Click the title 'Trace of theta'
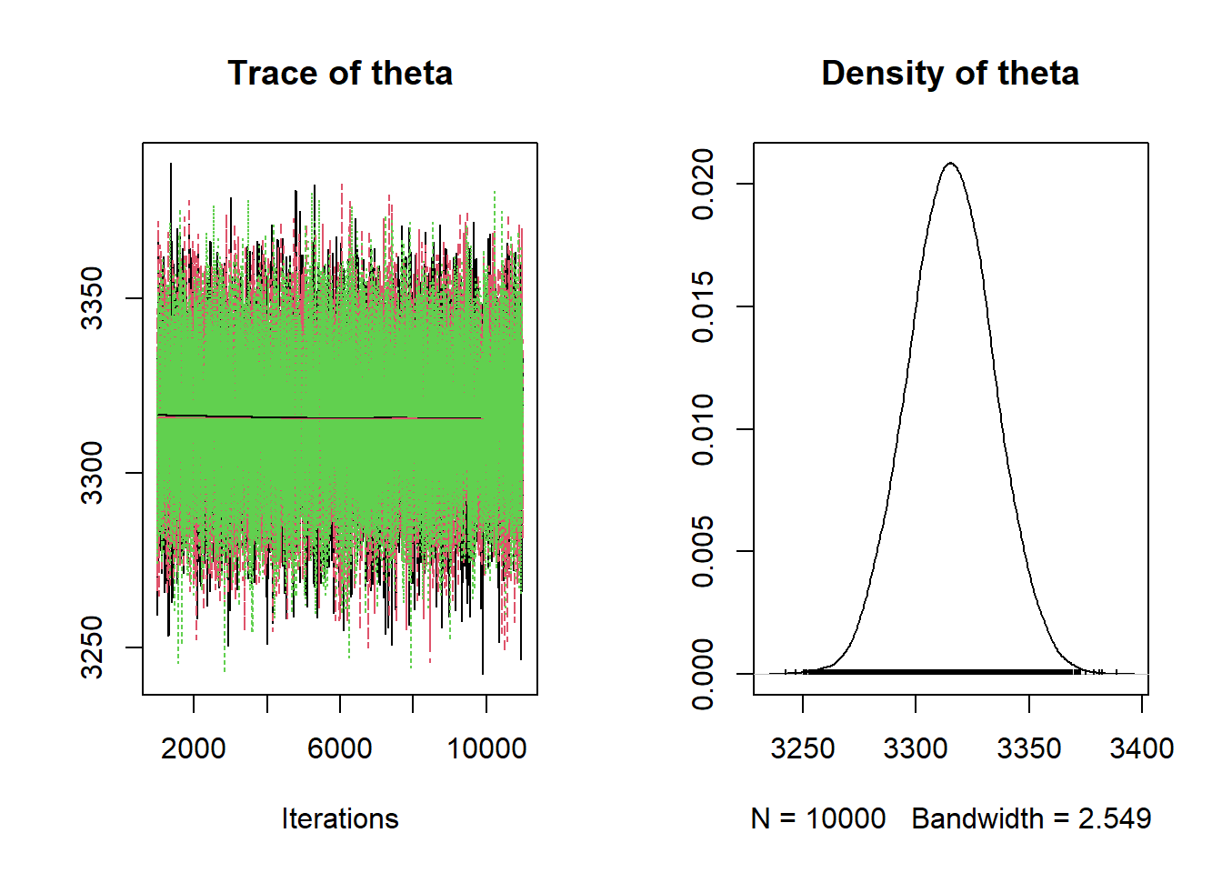click(340, 73)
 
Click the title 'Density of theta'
click(950, 73)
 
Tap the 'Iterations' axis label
click(340, 819)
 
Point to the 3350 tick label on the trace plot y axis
click(92, 298)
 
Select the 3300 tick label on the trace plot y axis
click(92, 473)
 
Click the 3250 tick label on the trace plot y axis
click(92, 647)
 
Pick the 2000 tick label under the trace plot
click(193, 748)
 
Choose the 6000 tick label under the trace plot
click(339, 748)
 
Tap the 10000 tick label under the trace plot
click(486, 748)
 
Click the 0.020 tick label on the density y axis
click(702, 184)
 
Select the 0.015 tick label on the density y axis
click(702, 306)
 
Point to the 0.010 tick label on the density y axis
click(702, 429)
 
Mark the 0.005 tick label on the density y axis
click(702, 552)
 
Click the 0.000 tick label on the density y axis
click(702, 675)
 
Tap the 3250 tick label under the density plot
click(803, 748)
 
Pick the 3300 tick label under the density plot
click(916, 748)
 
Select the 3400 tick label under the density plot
click(1142, 748)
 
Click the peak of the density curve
click(951, 163)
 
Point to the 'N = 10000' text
click(817, 819)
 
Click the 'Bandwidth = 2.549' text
click(1031, 819)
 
